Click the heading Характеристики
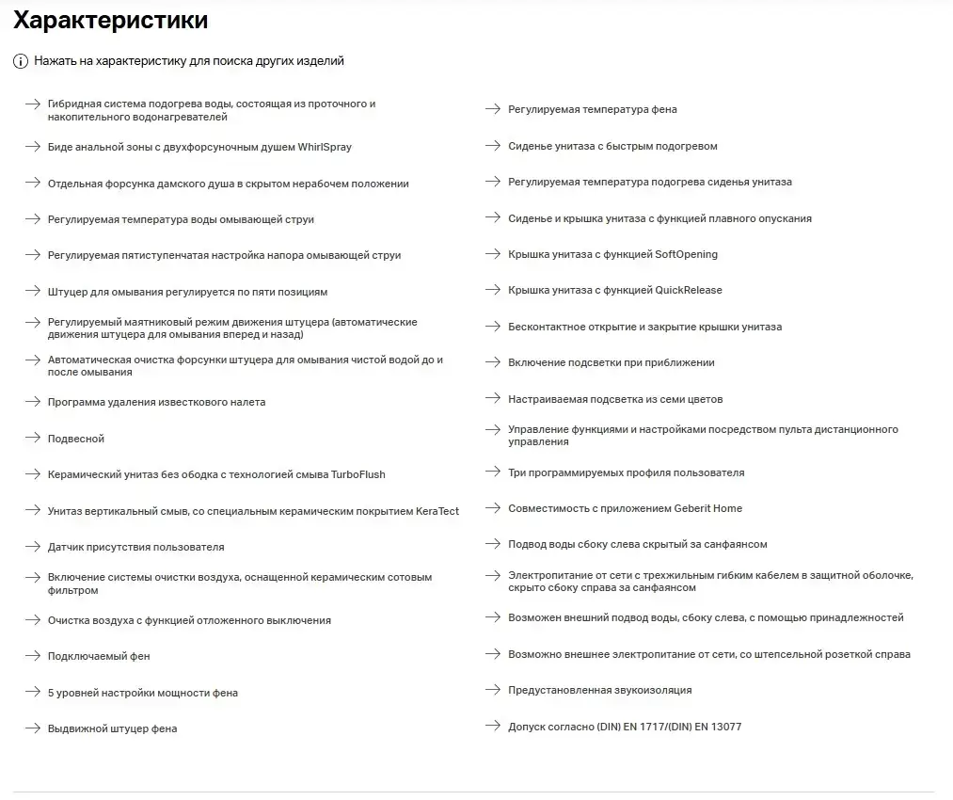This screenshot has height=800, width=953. pyautogui.click(x=111, y=20)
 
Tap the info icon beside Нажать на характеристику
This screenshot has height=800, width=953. pyautogui.click(x=21, y=61)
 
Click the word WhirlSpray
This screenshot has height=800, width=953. pyautogui.click(x=325, y=147)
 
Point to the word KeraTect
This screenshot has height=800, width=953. pyautogui.click(x=437, y=511)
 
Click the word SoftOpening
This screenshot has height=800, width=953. pyautogui.click(x=686, y=254)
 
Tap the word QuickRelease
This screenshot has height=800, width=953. pyautogui.click(x=689, y=290)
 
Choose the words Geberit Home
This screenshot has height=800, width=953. pyautogui.click(x=707, y=508)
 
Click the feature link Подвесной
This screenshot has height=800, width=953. pyautogui.click(x=76, y=439)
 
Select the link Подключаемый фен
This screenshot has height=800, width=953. pyautogui.click(x=99, y=656)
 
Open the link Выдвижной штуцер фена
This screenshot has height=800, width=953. pyautogui.click(x=112, y=728)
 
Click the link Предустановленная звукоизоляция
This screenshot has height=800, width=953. pyautogui.click(x=599, y=690)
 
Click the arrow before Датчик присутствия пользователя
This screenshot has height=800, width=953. pyautogui.click(x=32, y=546)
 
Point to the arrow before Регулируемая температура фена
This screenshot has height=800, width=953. pyautogui.click(x=492, y=109)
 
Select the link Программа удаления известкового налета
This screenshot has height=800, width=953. pyautogui.click(x=156, y=402)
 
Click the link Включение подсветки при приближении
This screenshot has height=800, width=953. pyautogui.click(x=611, y=362)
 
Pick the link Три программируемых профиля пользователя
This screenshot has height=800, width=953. pyautogui.click(x=626, y=472)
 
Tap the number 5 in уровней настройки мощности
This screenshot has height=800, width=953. pyautogui.click(x=51, y=693)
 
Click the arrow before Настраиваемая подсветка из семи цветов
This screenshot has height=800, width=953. pyautogui.click(x=492, y=399)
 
